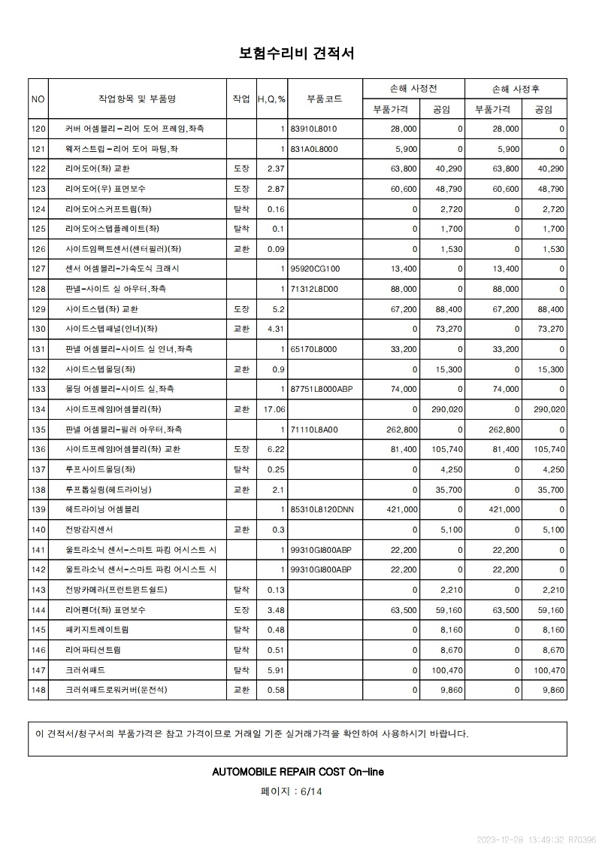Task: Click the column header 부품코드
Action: coord(325,99)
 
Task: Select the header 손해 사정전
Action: coord(413,88)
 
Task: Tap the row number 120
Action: coord(39,129)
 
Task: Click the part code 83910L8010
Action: coord(313,129)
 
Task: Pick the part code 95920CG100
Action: coord(315,269)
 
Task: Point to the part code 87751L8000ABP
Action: coord(321,389)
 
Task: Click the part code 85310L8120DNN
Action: coord(322,509)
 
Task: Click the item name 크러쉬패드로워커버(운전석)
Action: coord(116,690)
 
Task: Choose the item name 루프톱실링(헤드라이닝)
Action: coord(108,490)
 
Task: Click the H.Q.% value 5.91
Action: coord(276,669)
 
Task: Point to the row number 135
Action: coord(39,430)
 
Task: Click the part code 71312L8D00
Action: coord(314,289)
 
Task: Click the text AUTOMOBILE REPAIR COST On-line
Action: coord(298,772)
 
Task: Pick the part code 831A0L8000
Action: coord(314,149)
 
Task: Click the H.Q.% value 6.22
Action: coord(276,449)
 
